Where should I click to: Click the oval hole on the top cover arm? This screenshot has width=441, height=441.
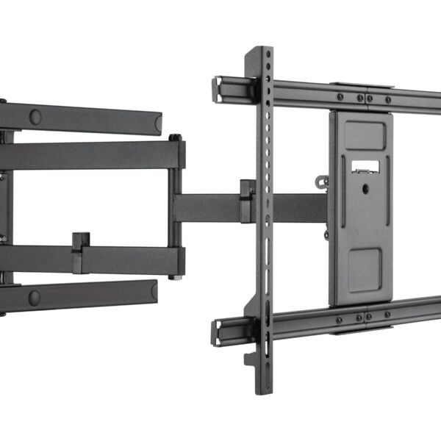pos(35,116)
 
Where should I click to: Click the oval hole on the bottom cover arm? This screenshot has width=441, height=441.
pos(34,297)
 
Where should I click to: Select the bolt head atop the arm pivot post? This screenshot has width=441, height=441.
pos(175,137)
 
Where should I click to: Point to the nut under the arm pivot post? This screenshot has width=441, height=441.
pos(174,276)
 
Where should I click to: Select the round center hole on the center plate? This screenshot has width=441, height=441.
pos(365,188)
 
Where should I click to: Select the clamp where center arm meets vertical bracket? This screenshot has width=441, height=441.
pos(248,201)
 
